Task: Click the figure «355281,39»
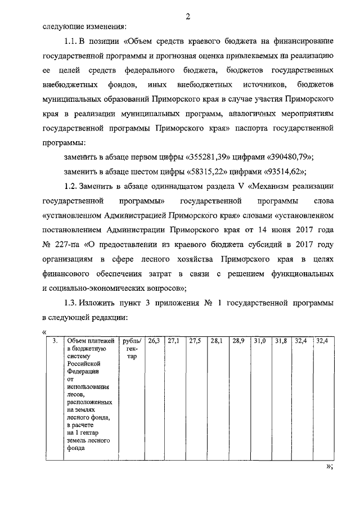pyautogui.click(x=199, y=157)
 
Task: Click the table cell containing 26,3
pyautogui.click(x=154, y=341)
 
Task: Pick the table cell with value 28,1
pyautogui.click(x=216, y=341)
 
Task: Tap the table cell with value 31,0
pyautogui.click(x=259, y=341)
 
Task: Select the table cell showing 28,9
pyautogui.click(x=238, y=341)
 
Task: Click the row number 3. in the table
pyautogui.click(x=54, y=341)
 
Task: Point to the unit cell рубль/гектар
pyautogui.click(x=132, y=349)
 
